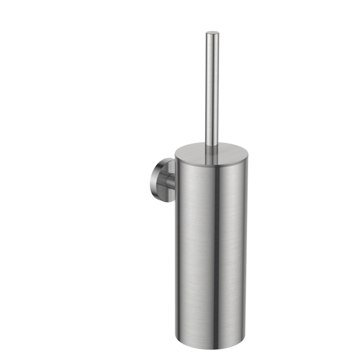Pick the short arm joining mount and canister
pos(172,177)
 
